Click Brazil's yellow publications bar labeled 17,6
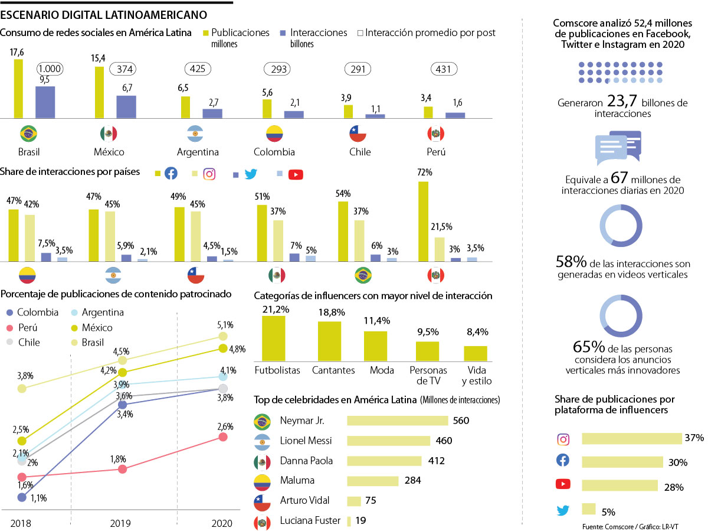click(x=18, y=89)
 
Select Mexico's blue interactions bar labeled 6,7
click(x=126, y=107)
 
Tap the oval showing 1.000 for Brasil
click(x=51, y=69)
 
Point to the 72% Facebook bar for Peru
click(x=422, y=221)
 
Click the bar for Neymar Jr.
click(x=397, y=421)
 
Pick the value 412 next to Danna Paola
click(x=436, y=461)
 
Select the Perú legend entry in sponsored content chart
click(x=29, y=327)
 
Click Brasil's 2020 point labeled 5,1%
click(x=223, y=337)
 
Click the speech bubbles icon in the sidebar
click(x=618, y=148)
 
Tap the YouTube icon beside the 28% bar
click(x=563, y=484)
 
